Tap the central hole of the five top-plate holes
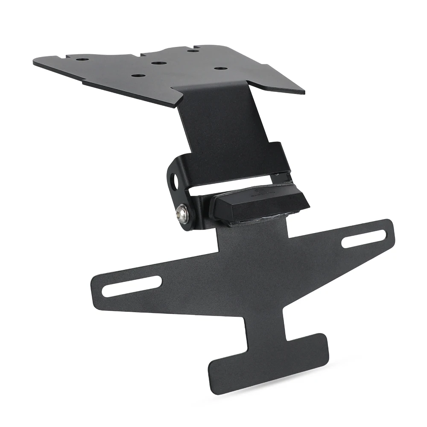[x=159, y=63]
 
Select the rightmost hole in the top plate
[x=220, y=68]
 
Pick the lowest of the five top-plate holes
[x=137, y=76]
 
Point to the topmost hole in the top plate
[x=193, y=51]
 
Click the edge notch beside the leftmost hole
[x=67, y=56]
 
